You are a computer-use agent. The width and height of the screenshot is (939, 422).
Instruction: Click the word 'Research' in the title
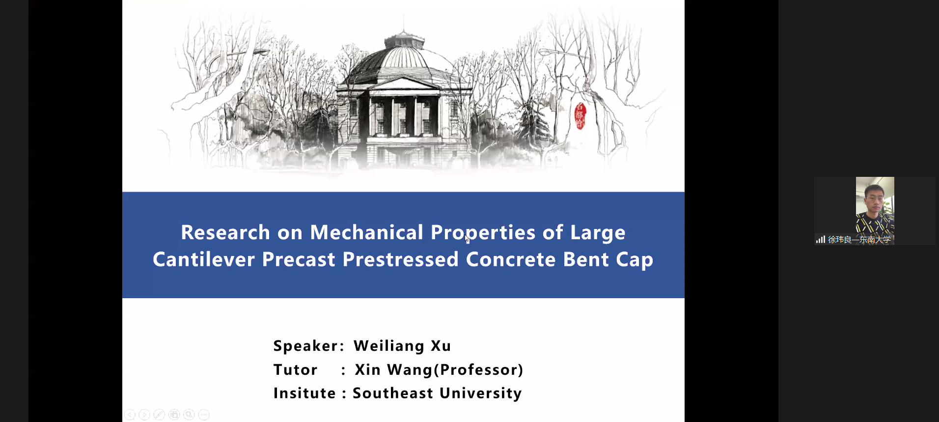click(x=225, y=232)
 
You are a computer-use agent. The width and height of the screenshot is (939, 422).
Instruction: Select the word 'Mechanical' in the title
click(x=366, y=232)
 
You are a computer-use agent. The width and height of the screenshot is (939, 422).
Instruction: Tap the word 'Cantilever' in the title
click(x=204, y=259)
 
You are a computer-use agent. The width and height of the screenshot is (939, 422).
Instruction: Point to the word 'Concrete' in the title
click(x=511, y=259)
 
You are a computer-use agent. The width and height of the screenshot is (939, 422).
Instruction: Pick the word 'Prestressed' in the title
click(x=400, y=259)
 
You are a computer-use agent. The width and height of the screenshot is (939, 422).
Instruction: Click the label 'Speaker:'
click(x=309, y=346)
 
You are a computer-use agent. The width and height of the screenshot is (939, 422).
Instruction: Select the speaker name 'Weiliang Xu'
click(x=402, y=346)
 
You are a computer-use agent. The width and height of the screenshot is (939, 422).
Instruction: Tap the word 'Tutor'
click(x=296, y=369)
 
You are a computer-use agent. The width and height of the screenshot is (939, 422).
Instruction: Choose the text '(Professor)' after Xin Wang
click(x=479, y=370)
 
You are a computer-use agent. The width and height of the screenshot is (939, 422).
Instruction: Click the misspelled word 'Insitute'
click(x=304, y=393)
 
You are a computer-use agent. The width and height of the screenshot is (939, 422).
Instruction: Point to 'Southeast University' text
click(x=437, y=394)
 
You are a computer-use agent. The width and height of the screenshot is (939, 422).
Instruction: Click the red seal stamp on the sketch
click(x=580, y=116)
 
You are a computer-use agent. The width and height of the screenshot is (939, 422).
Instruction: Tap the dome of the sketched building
click(x=404, y=59)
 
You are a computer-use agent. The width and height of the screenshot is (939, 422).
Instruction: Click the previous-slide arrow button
click(x=130, y=415)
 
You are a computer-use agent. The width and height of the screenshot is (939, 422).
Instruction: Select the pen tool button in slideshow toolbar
click(x=159, y=415)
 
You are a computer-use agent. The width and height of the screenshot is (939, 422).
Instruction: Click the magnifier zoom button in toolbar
click(x=189, y=415)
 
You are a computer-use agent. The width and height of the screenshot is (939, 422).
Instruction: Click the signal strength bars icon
click(x=820, y=240)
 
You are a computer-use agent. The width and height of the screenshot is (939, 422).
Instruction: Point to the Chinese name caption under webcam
click(x=859, y=240)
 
